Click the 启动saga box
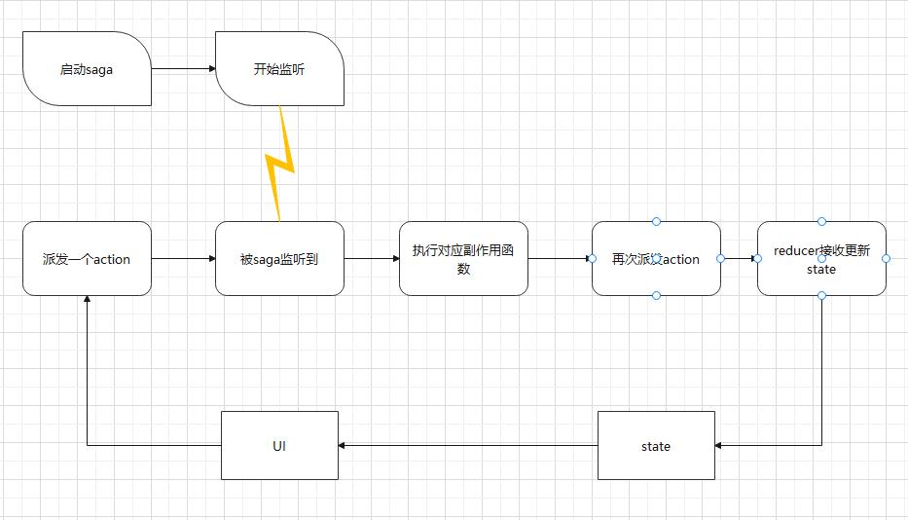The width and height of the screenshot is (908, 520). click(87, 69)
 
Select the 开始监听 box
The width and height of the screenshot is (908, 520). click(279, 69)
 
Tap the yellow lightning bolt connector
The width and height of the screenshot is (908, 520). click(280, 165)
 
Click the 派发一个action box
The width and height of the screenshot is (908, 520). click(87, 259)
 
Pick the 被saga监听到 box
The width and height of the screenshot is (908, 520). click(279, 259)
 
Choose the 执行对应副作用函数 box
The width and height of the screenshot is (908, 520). click(463, 259)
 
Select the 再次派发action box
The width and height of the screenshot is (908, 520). click(656, 259)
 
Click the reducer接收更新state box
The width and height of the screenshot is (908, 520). click(821, 259)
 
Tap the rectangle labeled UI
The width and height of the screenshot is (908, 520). click(279, 446)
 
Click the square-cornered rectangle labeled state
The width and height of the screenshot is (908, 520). click(656, 446)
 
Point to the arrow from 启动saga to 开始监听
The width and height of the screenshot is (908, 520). click(183, 69)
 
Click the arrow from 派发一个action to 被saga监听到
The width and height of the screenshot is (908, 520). click(183, 259)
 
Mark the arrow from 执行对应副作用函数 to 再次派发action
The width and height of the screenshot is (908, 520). click(560, 259)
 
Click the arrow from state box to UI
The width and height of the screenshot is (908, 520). click(467, 446)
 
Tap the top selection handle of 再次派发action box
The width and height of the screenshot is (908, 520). click(656, 222)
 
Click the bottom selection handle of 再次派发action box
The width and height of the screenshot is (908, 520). click(656, 295)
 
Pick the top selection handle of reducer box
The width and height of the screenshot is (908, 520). click(821, 222)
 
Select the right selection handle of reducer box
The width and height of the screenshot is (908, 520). click(886, 258)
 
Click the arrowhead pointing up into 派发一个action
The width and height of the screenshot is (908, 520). click(87, 301)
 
